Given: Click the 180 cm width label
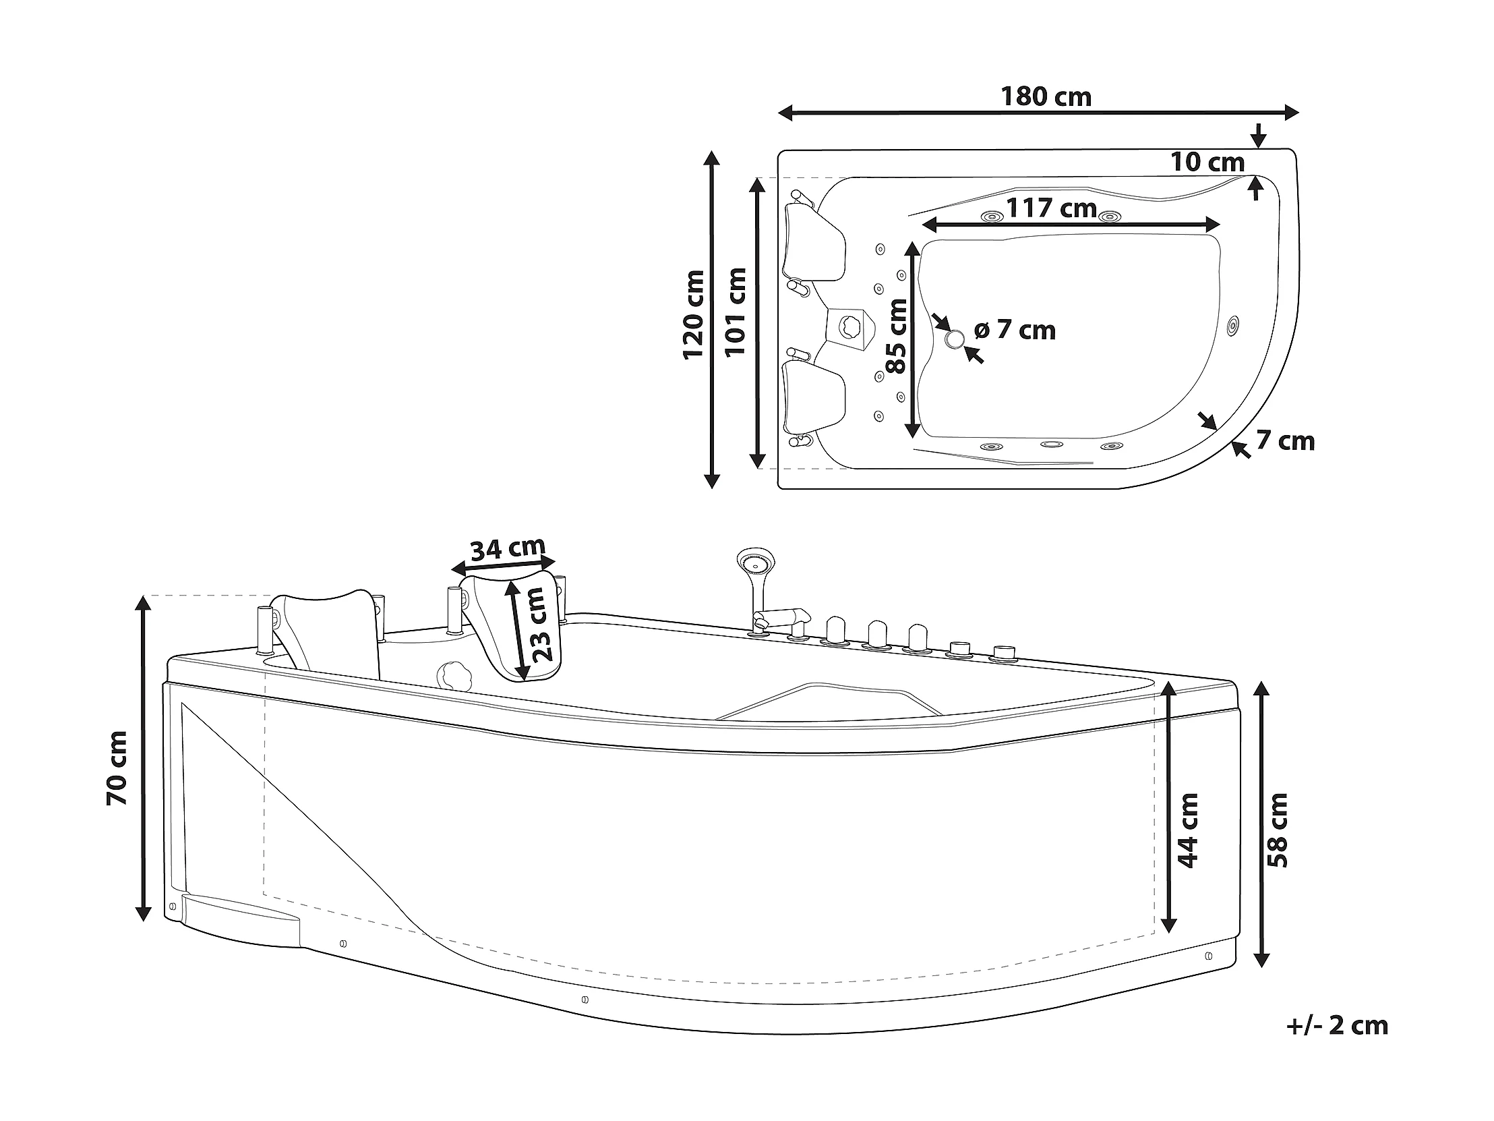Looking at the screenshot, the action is [1046, 97].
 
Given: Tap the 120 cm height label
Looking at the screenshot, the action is [694, 315].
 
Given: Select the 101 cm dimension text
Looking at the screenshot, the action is [735, 312].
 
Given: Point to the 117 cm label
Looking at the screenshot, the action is [1052, 208].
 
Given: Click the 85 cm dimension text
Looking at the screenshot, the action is [897, 337].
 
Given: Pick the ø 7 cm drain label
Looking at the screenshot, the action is [1015, 330].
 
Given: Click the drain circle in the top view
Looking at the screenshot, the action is [955, 339].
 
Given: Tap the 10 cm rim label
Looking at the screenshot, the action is [1207, 162].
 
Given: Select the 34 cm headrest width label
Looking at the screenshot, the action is [507, 548].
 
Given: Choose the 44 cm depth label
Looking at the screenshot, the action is [1187, 830].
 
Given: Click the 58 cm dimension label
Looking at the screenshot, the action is [1278, 830].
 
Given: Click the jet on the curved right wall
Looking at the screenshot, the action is [1233, 326].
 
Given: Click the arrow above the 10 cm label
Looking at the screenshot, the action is [1257, 136].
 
